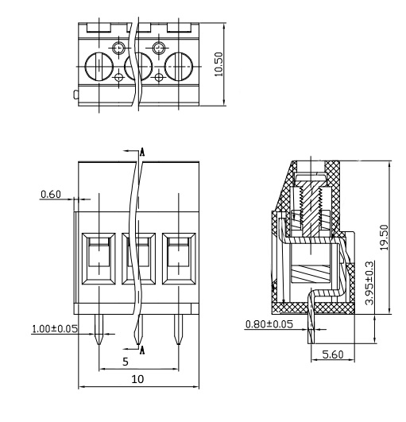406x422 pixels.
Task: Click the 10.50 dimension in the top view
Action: (x=218, y=64)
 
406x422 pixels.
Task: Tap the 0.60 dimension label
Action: (x=51, y=195)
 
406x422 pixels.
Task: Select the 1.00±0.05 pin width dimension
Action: (x=55, y=328)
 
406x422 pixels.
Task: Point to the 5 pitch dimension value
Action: (x=126, y=362)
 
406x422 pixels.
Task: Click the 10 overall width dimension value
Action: (x=137, y=379)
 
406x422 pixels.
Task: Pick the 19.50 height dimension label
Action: (x=384, y=238)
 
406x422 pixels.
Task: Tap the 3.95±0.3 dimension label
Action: (x=369, y=283)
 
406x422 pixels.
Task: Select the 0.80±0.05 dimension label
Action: (x=269, y=324)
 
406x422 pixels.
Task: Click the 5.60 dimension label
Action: (x=333, y=354)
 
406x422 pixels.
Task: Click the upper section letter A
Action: (x=142, y=153)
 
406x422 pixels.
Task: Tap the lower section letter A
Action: (x=142, y=350)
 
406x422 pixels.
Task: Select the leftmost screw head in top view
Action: (x=99, y=67)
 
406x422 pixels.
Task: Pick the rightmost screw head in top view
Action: (x=179, y=67)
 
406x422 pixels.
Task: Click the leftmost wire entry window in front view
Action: (x=99, y=258)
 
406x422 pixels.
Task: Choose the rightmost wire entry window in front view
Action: (x=179, y=258)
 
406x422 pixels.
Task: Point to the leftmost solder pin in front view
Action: (x=99, y=330)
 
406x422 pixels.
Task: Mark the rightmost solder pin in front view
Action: (x=177, y=330)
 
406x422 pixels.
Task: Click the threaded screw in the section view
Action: (x=311, y=210)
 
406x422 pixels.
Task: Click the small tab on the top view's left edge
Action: (x=76, y=95)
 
